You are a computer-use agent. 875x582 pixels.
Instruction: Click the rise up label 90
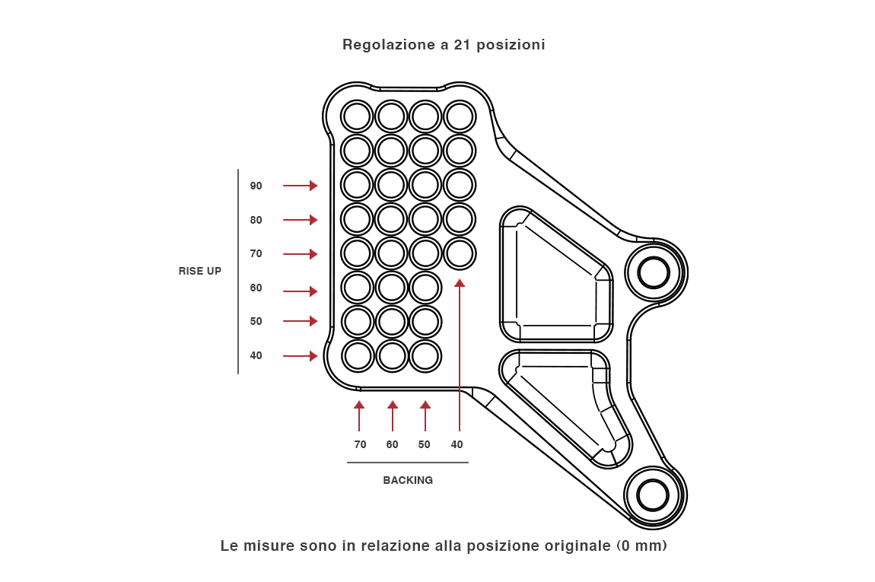(x=256, y=186)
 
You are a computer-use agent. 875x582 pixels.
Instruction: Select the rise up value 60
(x=256, y=288)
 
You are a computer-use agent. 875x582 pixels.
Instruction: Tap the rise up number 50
(x=256, y=321)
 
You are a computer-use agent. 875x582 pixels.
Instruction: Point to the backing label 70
(x=360, y=444)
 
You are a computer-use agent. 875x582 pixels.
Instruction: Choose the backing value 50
(x=424, y=444)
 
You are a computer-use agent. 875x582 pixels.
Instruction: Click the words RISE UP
(x=200, y=271)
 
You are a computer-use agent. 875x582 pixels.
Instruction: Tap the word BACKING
(x=408, y=480)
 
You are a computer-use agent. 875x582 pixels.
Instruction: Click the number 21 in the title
(x=462, y=44)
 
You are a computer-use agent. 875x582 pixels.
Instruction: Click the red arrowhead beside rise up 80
(x=313, y=220)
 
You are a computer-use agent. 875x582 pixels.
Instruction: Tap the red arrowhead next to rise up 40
(x=313, y=356)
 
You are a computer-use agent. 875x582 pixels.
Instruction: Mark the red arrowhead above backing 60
(x=393, y=405)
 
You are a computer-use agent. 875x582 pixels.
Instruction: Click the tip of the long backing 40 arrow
(x=460, y=283)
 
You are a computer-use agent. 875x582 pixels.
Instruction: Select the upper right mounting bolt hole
(x=653, y=272)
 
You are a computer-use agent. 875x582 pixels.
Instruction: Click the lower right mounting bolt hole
(x=653, y=495)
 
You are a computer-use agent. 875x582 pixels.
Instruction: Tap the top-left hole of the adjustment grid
(x=356, y=116)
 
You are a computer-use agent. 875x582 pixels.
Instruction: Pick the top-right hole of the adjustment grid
(x=460, y=116)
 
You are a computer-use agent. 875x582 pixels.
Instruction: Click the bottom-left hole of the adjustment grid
(x=356, y=355)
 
